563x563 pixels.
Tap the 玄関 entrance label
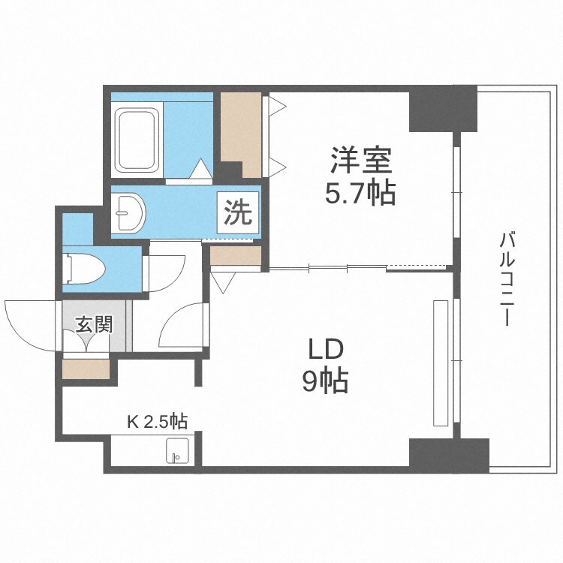coord(94,325)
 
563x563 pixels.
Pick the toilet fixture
coord(83,266)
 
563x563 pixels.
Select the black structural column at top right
coord(442,109)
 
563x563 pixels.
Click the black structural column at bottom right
coord(448,455)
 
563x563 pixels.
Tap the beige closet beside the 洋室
coord(241,134)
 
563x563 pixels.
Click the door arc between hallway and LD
coord(181,323)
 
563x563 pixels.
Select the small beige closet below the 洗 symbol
coord(234,257)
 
